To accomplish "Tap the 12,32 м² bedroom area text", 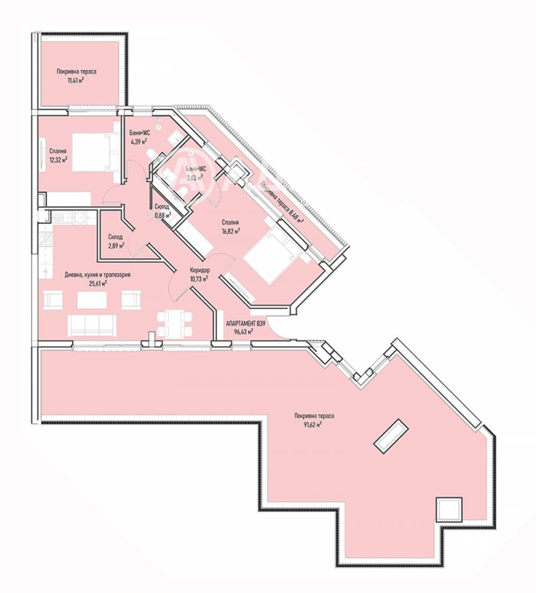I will tap(58, 160).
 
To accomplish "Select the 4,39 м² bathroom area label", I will tap(138, 142).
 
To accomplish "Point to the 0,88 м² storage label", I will tap(162, 215).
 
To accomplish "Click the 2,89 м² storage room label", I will tap(116, 246).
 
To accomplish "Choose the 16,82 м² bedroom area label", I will tap(231, 231).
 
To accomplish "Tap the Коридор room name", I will tap(199, 270).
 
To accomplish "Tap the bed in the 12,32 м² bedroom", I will tap(95, 152).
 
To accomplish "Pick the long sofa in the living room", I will tap(92, 325).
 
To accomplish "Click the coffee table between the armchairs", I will tap(92, 300).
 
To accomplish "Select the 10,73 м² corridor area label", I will tap(198, 279).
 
